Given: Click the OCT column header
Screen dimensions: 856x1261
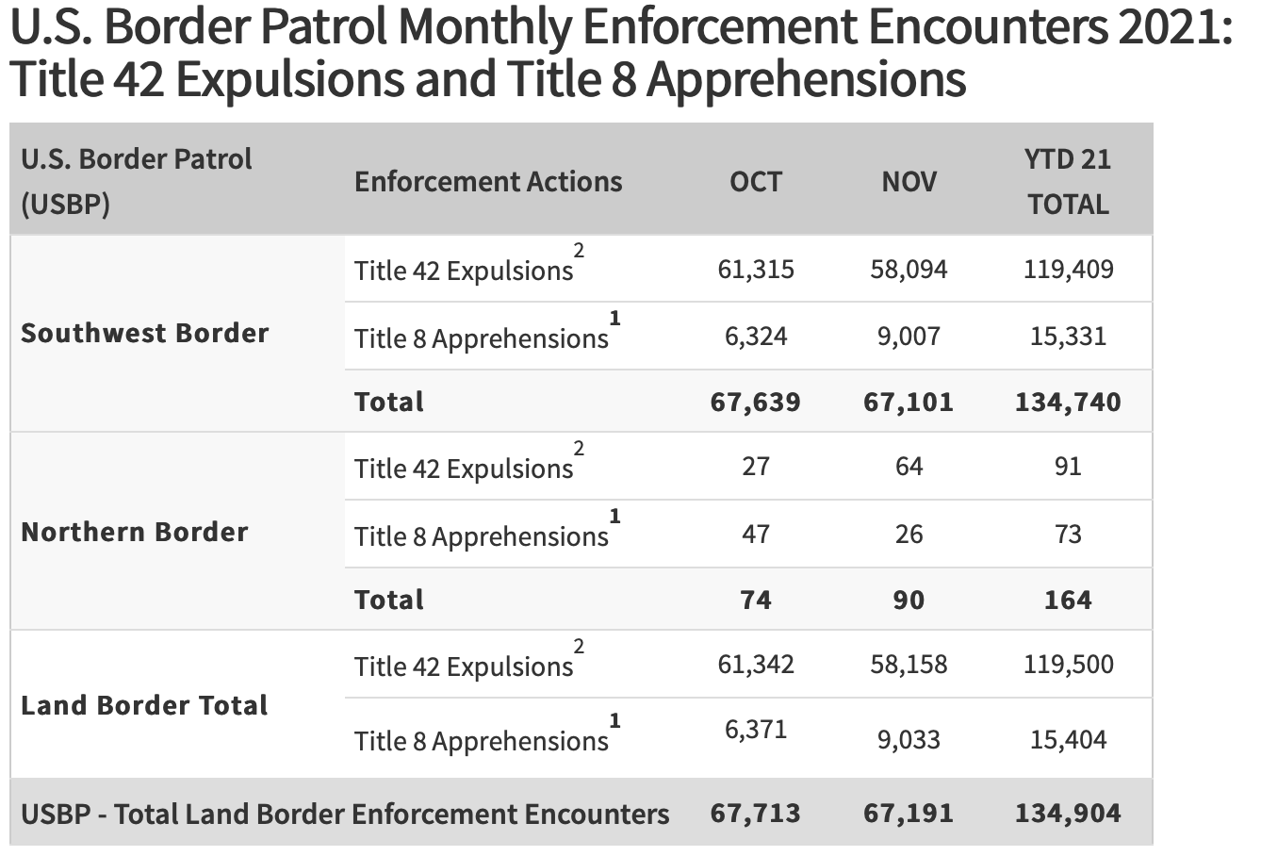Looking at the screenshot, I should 756,181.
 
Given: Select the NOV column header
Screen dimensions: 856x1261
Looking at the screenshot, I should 909,181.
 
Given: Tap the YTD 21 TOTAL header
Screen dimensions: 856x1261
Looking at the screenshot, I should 1068,181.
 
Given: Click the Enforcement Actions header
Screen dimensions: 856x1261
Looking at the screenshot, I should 488,181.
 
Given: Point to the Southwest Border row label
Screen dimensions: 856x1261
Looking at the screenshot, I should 145,333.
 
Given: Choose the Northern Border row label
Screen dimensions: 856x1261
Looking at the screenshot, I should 135,532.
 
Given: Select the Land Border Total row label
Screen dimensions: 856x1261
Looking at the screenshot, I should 144,705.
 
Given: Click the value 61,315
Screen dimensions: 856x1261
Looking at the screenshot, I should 756,269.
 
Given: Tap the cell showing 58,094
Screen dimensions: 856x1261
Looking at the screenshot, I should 909,269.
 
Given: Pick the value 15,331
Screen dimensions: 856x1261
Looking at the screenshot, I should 1068,337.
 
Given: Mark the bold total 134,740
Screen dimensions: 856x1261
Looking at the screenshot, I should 1068,403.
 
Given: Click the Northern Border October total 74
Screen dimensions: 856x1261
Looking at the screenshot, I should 756,601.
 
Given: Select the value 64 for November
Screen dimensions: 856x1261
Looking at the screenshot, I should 909,467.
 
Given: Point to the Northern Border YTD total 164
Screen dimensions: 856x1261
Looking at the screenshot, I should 1068,601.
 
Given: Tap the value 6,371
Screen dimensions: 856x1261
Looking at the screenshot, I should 756,729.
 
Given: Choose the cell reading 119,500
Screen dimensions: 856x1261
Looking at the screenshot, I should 1068,665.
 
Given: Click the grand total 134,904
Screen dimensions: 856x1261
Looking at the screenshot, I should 1068,814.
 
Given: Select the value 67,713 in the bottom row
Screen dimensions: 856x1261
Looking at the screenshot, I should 756,814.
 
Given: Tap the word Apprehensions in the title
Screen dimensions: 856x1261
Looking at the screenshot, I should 807,79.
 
